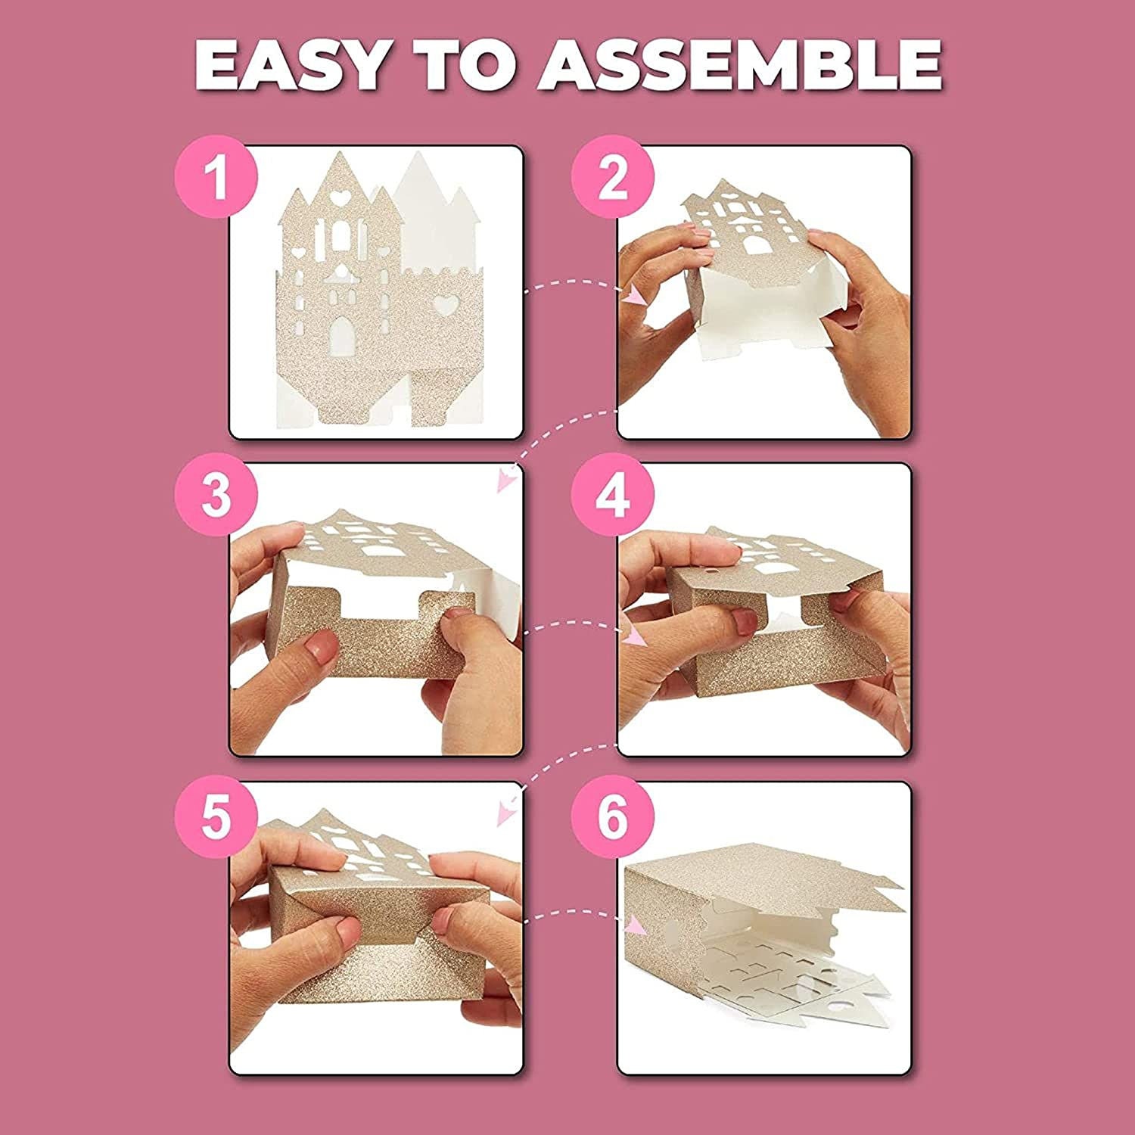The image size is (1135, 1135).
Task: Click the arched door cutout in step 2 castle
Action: (755, 244)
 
